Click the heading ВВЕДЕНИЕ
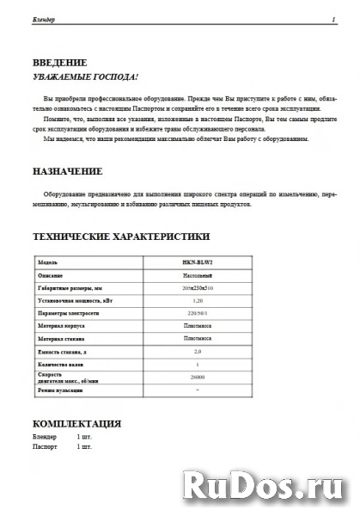click(x=59, y=63)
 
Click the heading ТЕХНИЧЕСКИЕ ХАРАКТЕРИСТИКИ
click(x=119, y=235)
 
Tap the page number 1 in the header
click(x=332, y=18)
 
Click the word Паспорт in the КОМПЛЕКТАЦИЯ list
click(x=44, y=448)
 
